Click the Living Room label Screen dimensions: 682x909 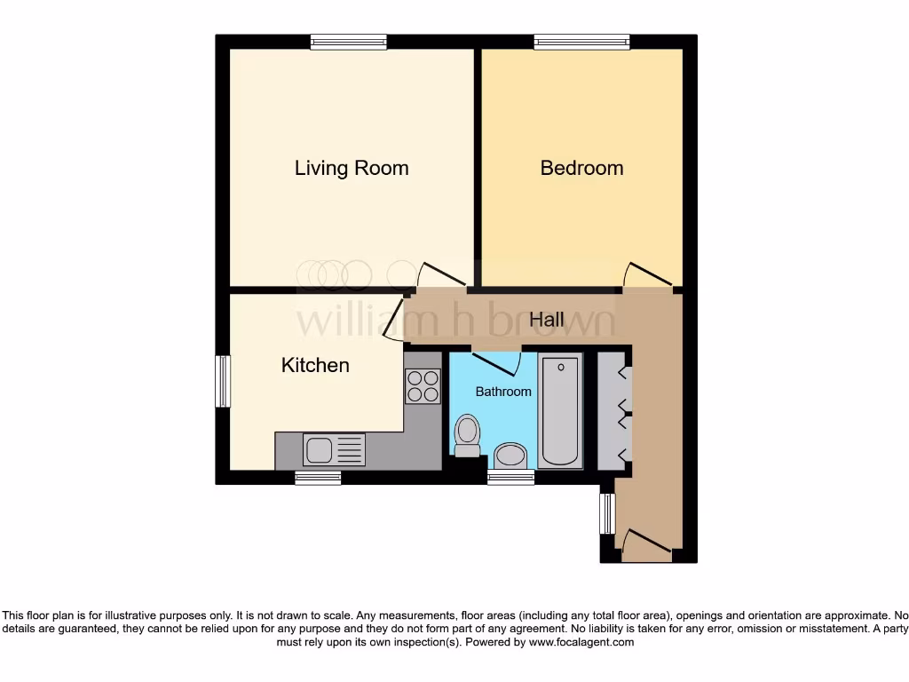tap(352, 168)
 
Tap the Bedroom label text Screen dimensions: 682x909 tap(581, 168)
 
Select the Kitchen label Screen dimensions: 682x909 tap(315, 365)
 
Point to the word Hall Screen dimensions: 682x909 tap(547, 320)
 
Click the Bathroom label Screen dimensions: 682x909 tap(503, 392)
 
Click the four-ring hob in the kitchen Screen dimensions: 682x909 tap(423, 386)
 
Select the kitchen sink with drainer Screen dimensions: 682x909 tap(334, 449)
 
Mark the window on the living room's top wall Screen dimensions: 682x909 tap(349, 42)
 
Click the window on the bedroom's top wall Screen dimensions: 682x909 tap(581, 42)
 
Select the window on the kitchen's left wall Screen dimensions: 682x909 tap(223, 382)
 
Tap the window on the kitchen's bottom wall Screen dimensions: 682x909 tap(318, 478)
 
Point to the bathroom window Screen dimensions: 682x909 tap(510, 478)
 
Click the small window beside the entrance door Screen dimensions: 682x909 tap(607, 513)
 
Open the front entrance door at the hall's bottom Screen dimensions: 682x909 tap(647, 545)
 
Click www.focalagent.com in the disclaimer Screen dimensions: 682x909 tap(582, 642)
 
